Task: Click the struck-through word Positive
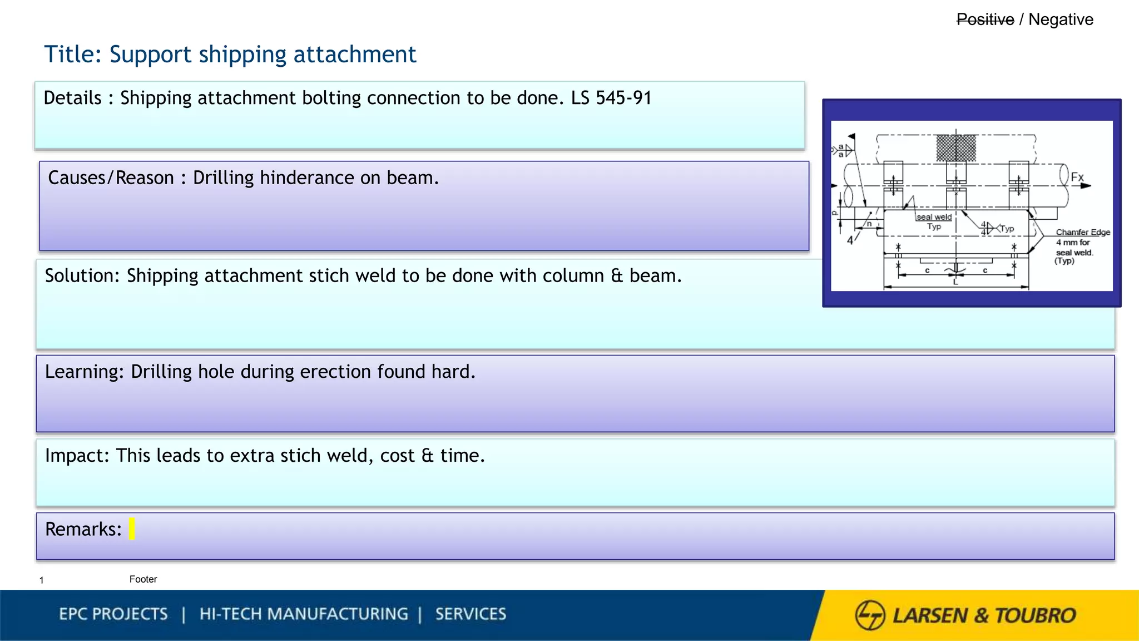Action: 985,19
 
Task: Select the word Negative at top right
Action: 1061,19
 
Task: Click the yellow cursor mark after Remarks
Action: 132,529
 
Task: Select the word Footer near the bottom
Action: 143,579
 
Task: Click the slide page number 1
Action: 42,580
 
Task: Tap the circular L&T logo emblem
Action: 870,615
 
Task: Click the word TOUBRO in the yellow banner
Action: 1035,615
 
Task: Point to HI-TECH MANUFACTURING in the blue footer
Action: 304,614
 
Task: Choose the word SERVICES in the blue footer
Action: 471,614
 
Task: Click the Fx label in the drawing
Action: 1077,177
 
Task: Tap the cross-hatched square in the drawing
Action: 956,148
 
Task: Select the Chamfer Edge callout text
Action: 1083,233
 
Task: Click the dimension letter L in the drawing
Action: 955,282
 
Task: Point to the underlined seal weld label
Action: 934,217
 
